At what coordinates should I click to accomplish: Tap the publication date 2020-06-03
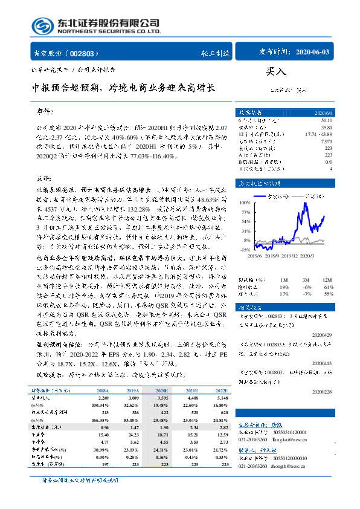pos(310,53)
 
